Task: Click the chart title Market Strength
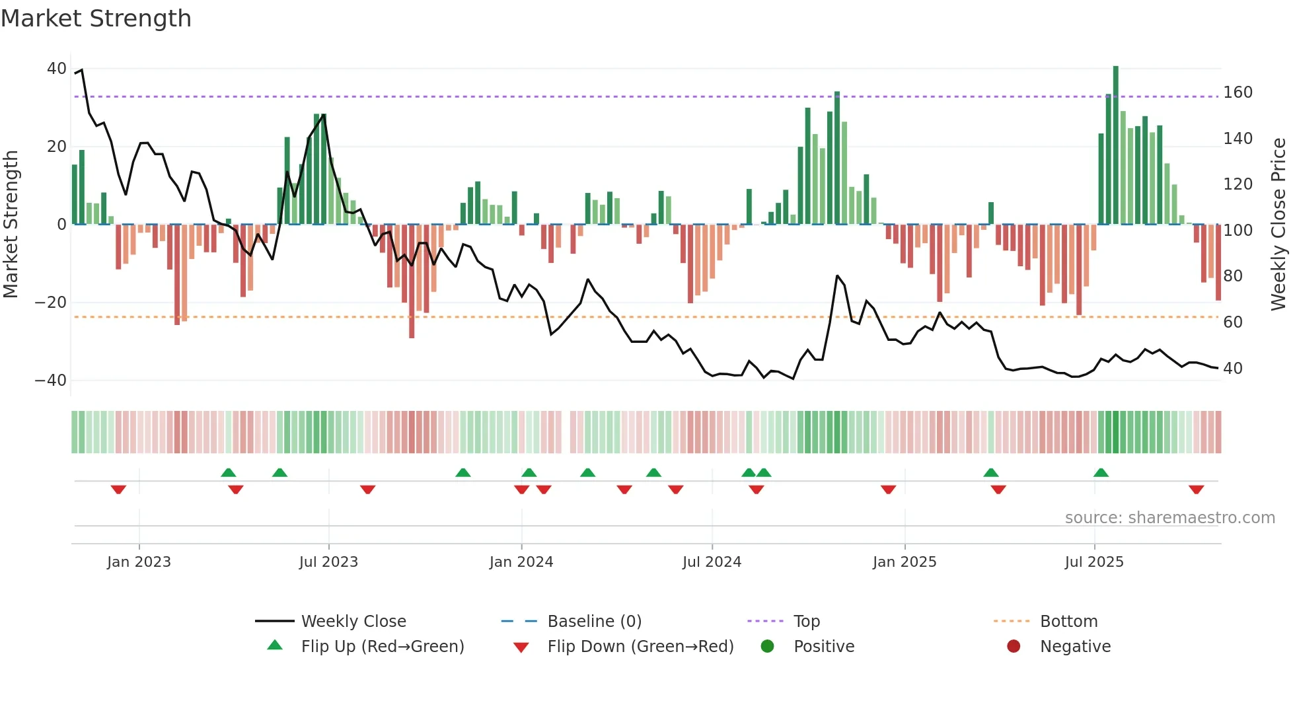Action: (x=96, y=18)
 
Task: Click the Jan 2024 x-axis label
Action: (x=521, y=562)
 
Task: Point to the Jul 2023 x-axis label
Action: (x=328, y=562)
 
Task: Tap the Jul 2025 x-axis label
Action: (x=1093, y=562)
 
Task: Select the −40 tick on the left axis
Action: (x=51, y=381)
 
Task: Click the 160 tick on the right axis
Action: (x=1238, y=92)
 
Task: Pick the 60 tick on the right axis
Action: (x=1233, y=322)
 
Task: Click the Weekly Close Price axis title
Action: (x=1278, y=225)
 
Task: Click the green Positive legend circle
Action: (x=767, y=647)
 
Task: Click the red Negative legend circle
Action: (x=1014, y=647)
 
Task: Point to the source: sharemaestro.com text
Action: (x=1169, y=518)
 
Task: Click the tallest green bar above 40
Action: (x=1116, y=145)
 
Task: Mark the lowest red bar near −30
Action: (x=412, y=281)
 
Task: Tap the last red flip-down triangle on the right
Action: (x=1196, y=490)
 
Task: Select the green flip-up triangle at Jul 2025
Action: (x=1101, y=472)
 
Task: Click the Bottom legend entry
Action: (x=1068, y=622)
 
